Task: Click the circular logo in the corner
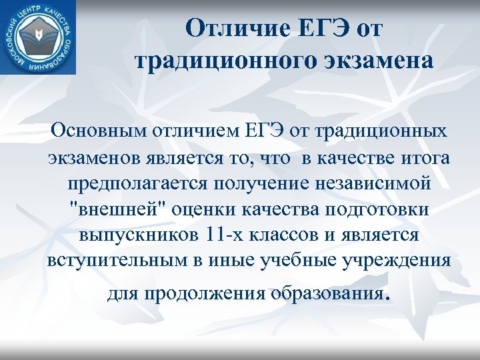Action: [38, 37]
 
